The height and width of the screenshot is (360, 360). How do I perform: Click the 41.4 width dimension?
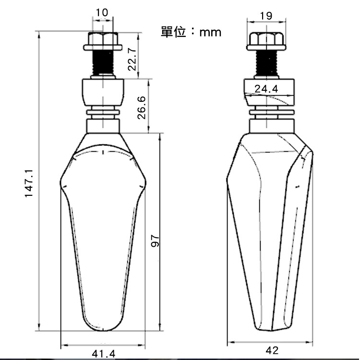coord(103,354)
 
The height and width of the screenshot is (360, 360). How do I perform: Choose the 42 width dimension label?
coord(272,350)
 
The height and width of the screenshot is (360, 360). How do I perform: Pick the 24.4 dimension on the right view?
coord(266,89)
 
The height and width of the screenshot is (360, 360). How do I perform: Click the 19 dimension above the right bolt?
coord(265,15)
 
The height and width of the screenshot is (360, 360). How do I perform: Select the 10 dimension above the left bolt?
coord(102,12)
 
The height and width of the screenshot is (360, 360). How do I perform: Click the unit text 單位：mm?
coord(191,32)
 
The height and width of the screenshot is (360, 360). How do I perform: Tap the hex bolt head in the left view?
coord(102,42)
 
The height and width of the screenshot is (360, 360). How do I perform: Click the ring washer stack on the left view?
coord(103,113)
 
